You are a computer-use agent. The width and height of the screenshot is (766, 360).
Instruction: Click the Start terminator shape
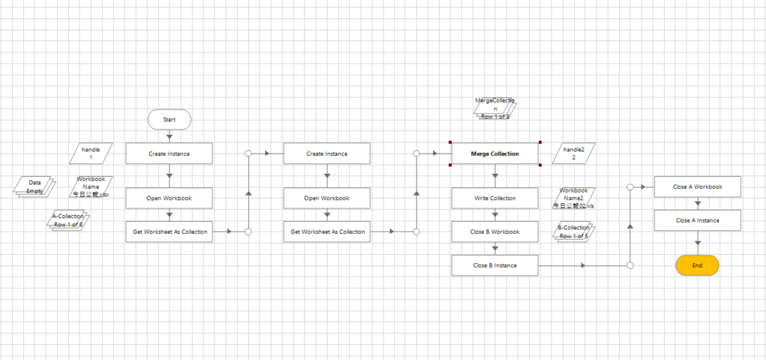tap(169, 119)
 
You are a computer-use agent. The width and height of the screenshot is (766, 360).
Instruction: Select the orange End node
tap(697, 265)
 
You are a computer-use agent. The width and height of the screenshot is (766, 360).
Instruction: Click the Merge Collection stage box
tap(495, 154)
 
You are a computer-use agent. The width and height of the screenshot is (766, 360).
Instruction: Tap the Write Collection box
tap(495, 198)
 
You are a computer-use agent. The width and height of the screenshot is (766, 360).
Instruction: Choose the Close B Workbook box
tap(495, 232)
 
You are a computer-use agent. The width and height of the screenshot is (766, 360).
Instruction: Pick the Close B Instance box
tap(495, 265)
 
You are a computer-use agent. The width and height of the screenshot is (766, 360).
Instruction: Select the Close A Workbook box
tap(697, 187)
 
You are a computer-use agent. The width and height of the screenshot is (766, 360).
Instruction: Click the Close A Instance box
tap(697, 220)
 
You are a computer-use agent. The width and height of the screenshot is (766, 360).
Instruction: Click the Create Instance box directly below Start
tap(169, 154)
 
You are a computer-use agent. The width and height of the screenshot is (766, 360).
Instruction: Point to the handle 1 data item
tap(91, 154)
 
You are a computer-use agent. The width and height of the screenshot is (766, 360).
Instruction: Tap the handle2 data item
tap(574, 154)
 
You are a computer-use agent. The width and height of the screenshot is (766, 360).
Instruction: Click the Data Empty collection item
tap(34, 187)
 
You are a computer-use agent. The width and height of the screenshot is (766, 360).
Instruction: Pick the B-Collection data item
tap(573, 232)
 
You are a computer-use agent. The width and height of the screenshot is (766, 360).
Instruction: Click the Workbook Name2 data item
tap(573, 198)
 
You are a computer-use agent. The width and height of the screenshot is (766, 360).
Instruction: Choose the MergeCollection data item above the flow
tap(495, 109)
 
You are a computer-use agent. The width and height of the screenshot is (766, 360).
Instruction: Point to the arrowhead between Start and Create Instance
tap(169, 136)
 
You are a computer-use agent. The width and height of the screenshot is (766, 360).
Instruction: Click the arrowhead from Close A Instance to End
tap(697, 242)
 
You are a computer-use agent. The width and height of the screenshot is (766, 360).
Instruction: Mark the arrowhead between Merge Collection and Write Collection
tap(495, 176)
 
